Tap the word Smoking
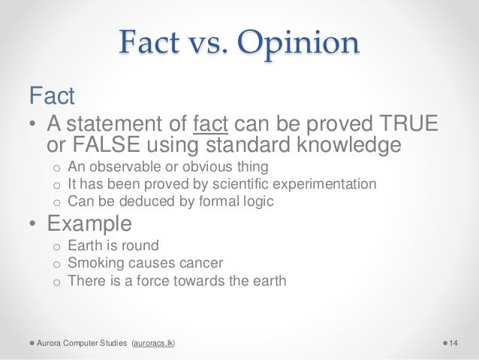point(92,264)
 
